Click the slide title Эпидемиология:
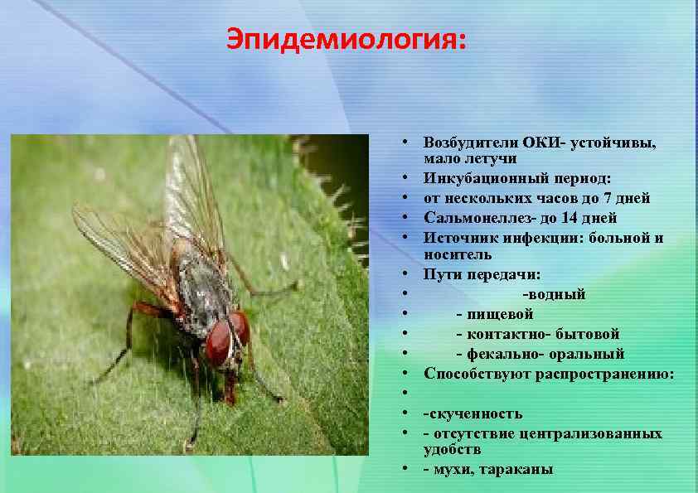click(347, 39)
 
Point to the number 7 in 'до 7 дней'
click(610, 198)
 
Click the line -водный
click(554, 294)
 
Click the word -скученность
click(473, 413)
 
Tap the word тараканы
click(516, 469)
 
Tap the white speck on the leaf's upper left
click(99, 175)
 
